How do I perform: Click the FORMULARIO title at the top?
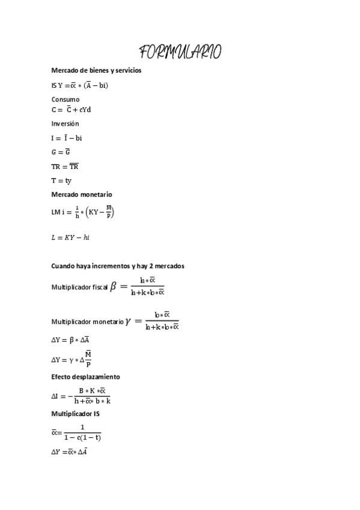pos(180,52)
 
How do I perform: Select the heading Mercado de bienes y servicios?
pos(96,70)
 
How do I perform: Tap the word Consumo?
pos(66,99)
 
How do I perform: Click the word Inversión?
pos(65,123)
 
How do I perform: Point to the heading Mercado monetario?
pos(82,194)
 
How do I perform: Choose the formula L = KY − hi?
pos(71,238)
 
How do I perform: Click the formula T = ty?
pos(61,180)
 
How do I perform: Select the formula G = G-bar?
pos(61,152)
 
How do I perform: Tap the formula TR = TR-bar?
pos(65,167)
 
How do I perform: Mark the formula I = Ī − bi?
pos(67,138)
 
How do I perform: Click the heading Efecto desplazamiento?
pos(85,376)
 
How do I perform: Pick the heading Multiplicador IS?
pos(76,414)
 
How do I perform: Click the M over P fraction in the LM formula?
pos(108,212)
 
